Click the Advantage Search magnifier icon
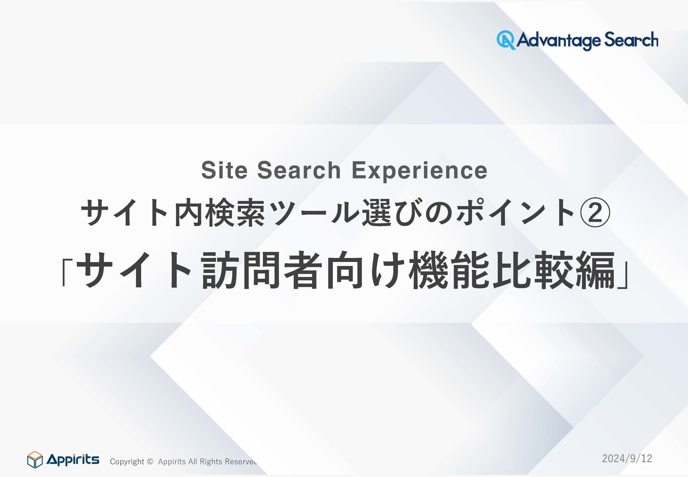click(x=506, y=40)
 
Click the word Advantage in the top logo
click(x=558, y=40)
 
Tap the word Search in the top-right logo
click(x=631, y=39)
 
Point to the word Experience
click(x=420, y=171)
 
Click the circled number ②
click(x=595, y=213)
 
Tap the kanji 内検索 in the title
click(x=219, y=213)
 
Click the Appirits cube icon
click(x=35, y=459)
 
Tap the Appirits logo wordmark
click(x=73, y=459)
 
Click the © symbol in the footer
click(x=150, y=462)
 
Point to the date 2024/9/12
click(x=627, y=458)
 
